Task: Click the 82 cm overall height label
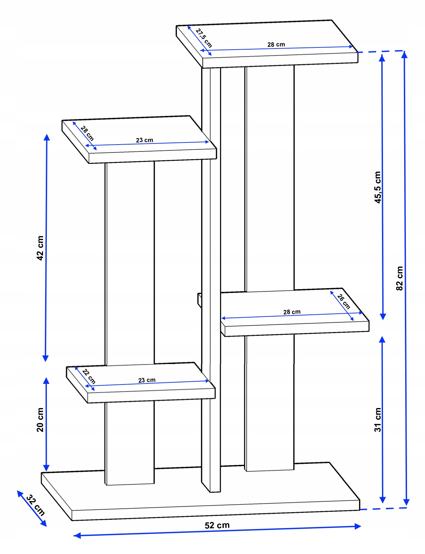400,278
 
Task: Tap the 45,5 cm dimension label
377,187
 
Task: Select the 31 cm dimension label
377,420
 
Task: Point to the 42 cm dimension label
40,248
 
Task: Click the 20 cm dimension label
40,420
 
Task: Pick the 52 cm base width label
217,525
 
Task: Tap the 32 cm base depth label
35,505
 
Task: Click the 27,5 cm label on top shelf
204,38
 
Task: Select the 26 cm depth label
343,302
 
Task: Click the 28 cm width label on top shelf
276,44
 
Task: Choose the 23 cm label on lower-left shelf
147,380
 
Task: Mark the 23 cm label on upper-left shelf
144,140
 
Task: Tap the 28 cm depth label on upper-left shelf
87,133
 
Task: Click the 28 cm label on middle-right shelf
292,312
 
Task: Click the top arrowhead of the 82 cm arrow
404,54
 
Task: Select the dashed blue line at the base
383,509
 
